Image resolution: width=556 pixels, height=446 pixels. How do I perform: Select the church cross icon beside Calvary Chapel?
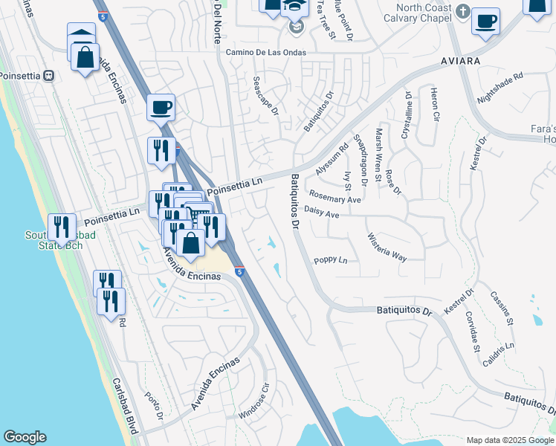coord(463,11)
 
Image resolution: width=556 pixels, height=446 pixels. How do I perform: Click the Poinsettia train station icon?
coord(50,75)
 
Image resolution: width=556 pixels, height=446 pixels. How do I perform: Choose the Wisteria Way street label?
coord(387,248)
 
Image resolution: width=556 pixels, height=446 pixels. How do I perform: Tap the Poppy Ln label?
coord(331,260)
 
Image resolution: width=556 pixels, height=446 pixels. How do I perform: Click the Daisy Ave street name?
coord(321,214)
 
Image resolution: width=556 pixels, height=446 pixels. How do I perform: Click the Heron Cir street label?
coord(435,105)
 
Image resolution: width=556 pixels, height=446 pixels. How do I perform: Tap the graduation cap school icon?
coord(295,9)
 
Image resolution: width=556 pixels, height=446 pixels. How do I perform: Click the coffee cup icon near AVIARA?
coord(485,22)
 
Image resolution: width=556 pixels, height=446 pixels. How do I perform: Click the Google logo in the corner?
coord(25,437)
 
